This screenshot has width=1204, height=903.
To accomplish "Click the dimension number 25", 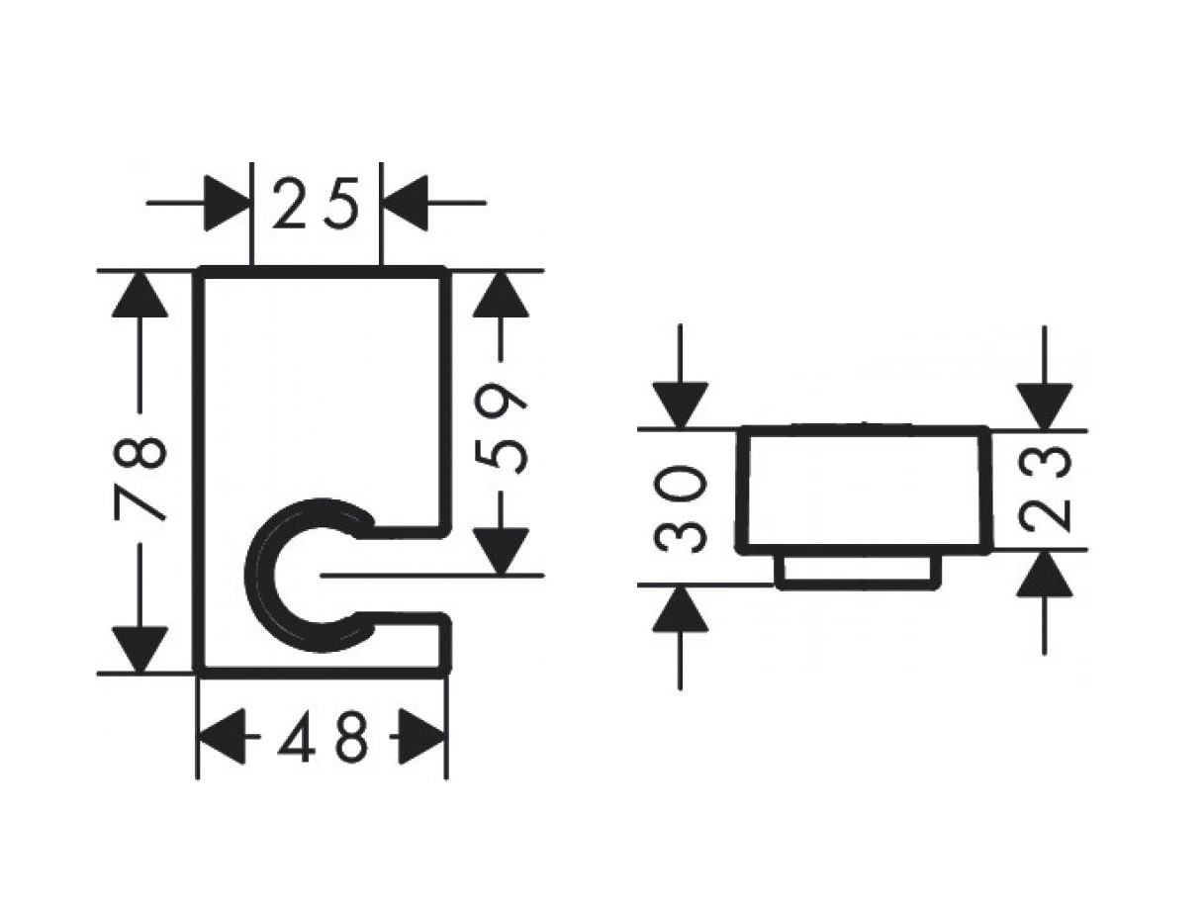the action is (x=316, y=204).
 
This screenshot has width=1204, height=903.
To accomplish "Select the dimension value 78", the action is (x=139, y=478).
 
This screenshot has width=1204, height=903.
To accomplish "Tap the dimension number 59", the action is (x=501, y=429).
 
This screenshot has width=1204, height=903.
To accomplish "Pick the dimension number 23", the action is (x=1044, y=489).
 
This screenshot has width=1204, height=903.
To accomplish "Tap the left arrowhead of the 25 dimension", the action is (x=227, y=203).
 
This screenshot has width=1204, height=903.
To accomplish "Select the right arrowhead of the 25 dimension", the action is (x=406, y=203).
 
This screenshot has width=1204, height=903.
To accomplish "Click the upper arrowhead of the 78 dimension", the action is (x=139, y=295).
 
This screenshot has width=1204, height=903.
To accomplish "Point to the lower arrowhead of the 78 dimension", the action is (x=139, y=650).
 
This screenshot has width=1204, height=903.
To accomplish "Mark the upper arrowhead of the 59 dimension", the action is (x=501, y=295).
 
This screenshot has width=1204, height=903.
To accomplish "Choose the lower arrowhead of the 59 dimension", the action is (x=501, y=552).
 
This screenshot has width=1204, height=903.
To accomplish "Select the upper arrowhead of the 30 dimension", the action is (x=680, y=406).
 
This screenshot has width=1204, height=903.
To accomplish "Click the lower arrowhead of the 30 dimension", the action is (x=680, y=609).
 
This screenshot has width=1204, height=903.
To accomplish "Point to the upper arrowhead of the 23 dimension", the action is (x=1044, y=406).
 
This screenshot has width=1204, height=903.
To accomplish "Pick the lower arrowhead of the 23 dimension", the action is (x=1044, y=573).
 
